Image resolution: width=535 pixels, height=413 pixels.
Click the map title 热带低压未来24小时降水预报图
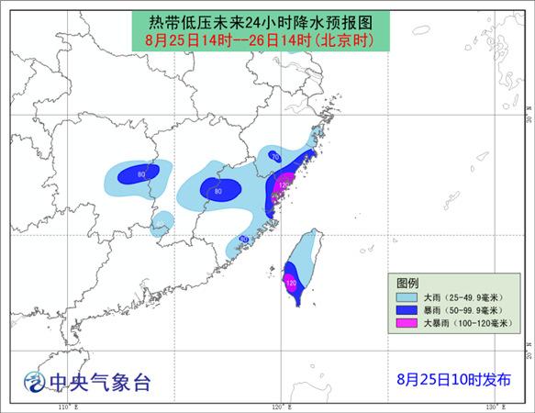(x=267, y=21)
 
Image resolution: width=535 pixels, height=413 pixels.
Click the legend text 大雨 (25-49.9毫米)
(x=459, y=298)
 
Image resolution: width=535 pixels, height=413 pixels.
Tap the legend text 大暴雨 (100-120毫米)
(x=464, y=324)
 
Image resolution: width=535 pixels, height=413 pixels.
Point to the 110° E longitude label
(x=64, y=406)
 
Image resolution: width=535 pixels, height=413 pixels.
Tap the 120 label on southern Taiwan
(x=292, y=284)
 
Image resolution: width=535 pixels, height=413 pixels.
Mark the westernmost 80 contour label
(x=141, y=173)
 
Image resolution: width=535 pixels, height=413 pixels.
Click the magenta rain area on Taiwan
(x=290, y=277)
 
